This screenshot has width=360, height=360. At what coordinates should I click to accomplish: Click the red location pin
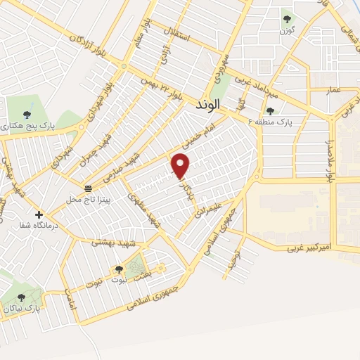[181, 166]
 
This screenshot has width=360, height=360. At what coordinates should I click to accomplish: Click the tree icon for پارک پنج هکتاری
[27, 114]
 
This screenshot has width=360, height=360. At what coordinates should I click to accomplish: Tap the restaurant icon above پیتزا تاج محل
[88, 188]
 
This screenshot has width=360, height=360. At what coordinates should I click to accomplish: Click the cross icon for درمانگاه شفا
[39, 214]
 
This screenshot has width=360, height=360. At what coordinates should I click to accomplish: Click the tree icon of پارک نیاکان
[20, 297]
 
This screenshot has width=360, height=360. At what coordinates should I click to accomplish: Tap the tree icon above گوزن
[286, 19]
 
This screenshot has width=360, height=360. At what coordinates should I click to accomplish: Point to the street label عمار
[334, 89]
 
